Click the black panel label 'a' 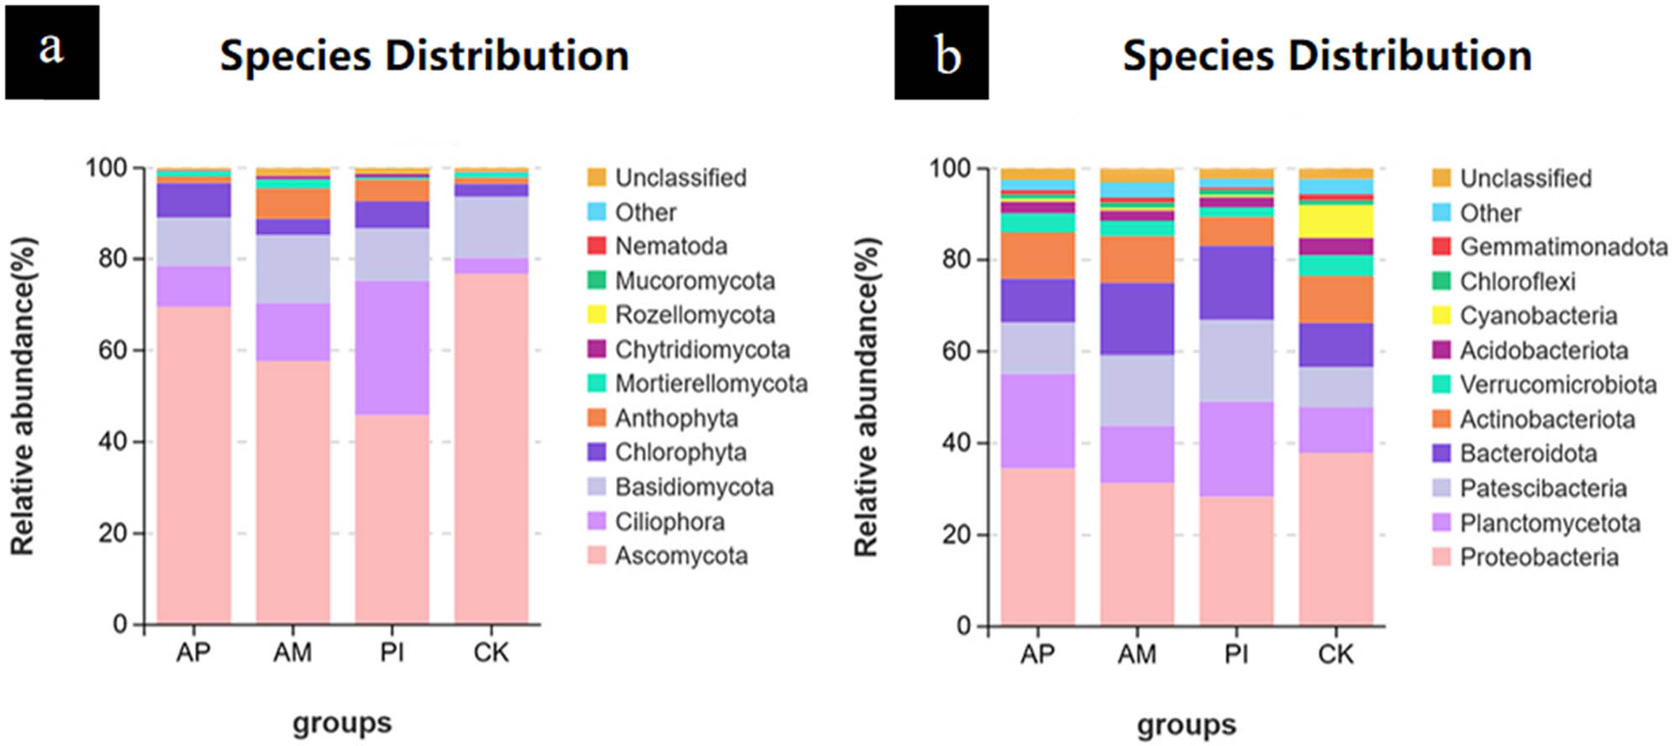52,52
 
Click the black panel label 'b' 941,52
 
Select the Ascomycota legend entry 680,556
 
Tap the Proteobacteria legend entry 1538,558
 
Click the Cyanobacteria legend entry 1538,316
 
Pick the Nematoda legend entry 670,246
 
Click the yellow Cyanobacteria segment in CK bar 1336,221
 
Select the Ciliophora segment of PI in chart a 391,347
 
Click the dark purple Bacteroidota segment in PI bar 1236,282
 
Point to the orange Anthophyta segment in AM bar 292,203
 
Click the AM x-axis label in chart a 292,653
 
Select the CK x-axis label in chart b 1336,654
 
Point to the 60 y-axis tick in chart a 113,350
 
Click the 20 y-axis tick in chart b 957,534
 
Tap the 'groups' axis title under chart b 1186,724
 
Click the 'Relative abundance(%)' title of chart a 24,396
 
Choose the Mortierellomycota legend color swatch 596,383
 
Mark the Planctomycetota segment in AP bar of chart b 1037,421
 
